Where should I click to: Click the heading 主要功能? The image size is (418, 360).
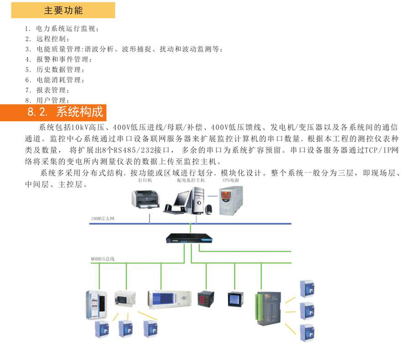63,10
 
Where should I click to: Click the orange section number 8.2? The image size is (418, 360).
37,112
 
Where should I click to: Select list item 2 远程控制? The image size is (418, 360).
52,39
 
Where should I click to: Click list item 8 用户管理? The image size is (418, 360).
52,100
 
